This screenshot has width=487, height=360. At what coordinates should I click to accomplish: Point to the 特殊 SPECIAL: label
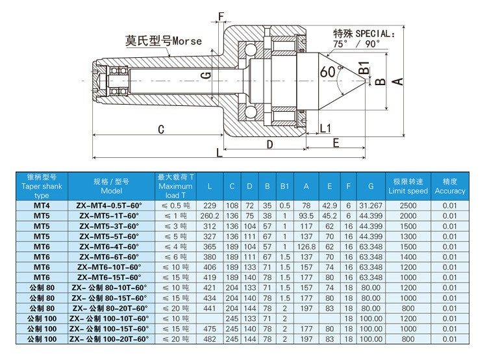[363, 33]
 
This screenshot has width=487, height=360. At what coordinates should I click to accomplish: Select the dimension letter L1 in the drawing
[326, 127]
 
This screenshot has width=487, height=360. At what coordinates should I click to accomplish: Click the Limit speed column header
[408, 186]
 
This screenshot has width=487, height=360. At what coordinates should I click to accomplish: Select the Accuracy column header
[450, 186]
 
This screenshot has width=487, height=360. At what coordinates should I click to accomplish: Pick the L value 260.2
[209, 215]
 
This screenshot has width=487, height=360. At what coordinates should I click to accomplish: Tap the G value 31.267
[370, 205]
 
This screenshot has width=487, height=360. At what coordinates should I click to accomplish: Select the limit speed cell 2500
[408, 205]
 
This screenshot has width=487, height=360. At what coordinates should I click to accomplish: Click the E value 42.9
[329, 205]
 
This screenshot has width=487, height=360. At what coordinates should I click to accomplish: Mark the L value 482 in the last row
[209, 339]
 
